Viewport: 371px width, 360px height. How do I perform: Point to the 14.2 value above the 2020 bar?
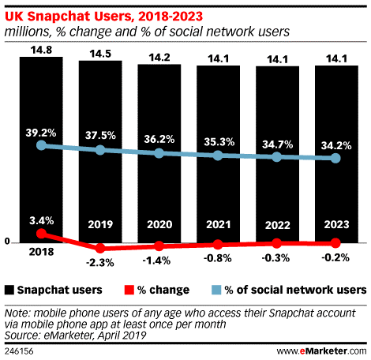[x=159, y=56]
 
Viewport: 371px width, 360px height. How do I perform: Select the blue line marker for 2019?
[x=100, y=149]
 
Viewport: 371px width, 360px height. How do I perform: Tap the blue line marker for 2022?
[x=277, y=157]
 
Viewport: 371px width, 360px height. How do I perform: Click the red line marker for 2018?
[x=41, y=234]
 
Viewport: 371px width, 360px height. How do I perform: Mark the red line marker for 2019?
[x=100, y=249]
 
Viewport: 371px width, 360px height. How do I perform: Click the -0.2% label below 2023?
[x=335, y=257]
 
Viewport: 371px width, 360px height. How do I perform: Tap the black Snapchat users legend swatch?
[x=9, y=290]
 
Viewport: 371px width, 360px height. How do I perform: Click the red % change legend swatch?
[x=129, y=290]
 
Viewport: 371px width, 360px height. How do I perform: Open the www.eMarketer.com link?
[x=321, y=349]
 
